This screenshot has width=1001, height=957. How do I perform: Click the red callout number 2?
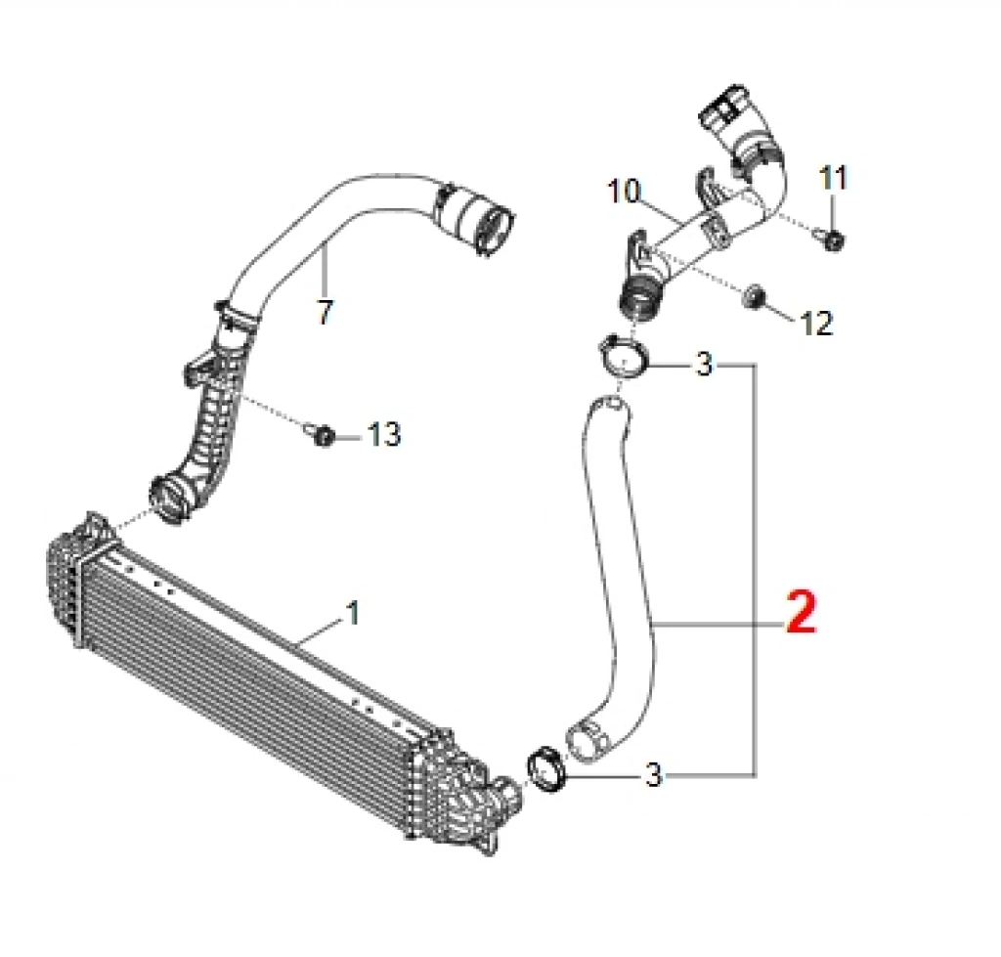(802, 612)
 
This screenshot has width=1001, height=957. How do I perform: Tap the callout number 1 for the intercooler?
(352, 612)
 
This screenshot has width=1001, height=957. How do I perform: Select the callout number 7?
(325, 312)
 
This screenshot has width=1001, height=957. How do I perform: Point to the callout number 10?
(623, 191)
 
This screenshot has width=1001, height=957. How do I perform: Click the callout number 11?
(833, 178)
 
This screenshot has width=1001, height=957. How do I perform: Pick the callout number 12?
(816, 323)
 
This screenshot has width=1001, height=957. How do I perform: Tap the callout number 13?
(383, 434)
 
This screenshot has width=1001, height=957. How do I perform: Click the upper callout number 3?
(703, 365)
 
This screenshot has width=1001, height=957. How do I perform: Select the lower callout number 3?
(654, 775)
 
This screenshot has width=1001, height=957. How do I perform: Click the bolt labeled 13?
(323, 435)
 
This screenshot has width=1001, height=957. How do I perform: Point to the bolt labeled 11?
(832, 240)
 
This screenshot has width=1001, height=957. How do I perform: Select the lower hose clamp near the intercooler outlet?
(546, 767)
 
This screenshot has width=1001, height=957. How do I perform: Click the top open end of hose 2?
(609, 405)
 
